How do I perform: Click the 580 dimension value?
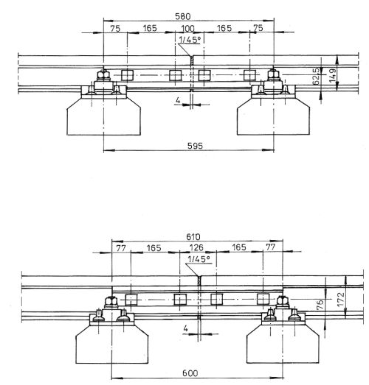point(182,16)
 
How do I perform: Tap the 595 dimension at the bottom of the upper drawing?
point(196,146)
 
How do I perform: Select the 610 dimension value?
point(193,237)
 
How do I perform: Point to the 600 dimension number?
point(190,373)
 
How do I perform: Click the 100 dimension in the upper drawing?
point(187,29)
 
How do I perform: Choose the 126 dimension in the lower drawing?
point(196,247)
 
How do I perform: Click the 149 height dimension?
point(333,76)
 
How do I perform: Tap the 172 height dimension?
point(341,300)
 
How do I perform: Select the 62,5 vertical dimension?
point(317,76)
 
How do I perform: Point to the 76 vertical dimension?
point(320,305)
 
